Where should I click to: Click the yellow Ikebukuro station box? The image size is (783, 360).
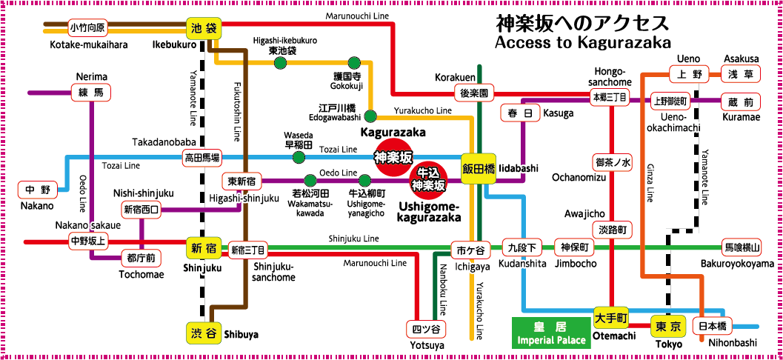pyautogui.click(x=204, y=28)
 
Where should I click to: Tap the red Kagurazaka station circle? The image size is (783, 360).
pyautogui.click(x=393, y=157)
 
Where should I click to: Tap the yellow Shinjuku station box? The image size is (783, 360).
pyautogui.click(x=204, y=248)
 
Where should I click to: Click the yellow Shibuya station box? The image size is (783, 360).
pyautogui.click(x=203, y=333)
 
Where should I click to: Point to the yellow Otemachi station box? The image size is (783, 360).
pyautogui.click(x=611, y=317)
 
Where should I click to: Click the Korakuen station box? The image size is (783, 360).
pyautogui.click(x=475, y=94)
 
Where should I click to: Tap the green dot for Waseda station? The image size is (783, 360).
pyautogui.click(x=299, y=157)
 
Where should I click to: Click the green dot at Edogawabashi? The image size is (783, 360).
pyautogui.click(x=370, y=116)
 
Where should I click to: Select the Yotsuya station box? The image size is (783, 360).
pyautogui.click(x=425, y=329)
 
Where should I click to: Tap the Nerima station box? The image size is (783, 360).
pyautogui.click(x=92, y=93)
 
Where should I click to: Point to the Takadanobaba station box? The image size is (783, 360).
pyautogui.click(x=202, y=157)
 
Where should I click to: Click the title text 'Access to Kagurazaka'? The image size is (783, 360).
pyautogui.click(x=583, y=42)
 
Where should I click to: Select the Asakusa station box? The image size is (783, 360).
pyautogui.click(x=741, y=74)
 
